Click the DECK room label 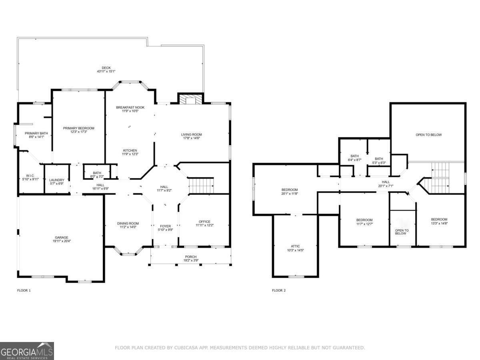pos(106,68)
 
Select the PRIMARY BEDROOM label pos(78,128)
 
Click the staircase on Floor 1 pos(201,185)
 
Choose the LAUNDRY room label pos(56,180)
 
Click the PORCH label pos(191,257)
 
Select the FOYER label pos(165,226)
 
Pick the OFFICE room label pos(204,222)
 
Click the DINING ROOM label pos(128,223)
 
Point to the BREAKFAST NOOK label pos(130,107)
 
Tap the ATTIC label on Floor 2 pos(295,246)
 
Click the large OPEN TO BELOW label pos(428,135)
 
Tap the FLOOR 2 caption pos(279,290)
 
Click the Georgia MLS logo pos(27,351)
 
